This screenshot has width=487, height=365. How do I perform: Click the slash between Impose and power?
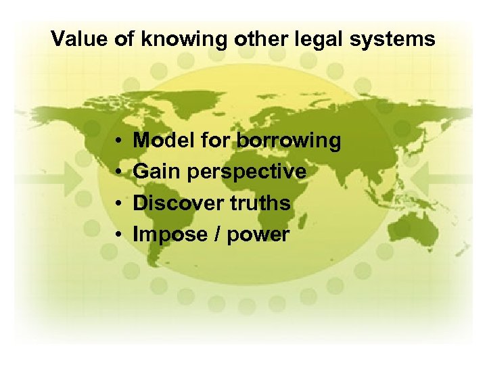[217, 235]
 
